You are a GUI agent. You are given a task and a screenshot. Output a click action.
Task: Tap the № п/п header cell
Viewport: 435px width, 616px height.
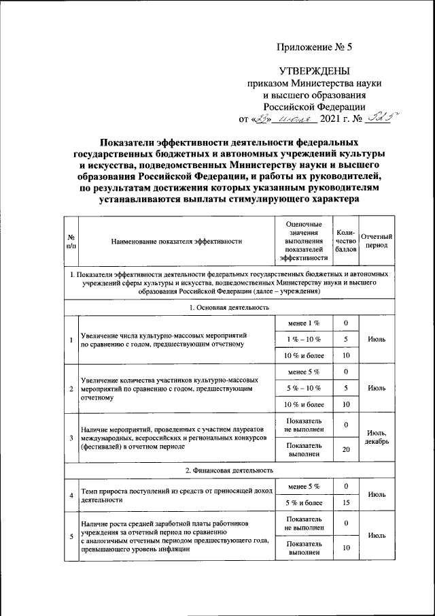click(x=71, y=241)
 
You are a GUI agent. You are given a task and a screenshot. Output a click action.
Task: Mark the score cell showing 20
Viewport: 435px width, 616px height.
click(x=346, y=449)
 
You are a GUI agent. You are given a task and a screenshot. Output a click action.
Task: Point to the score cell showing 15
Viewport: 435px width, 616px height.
click(x=346, y=502)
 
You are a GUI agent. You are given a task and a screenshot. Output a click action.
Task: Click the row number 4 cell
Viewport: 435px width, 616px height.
click(x=71, y=494)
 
